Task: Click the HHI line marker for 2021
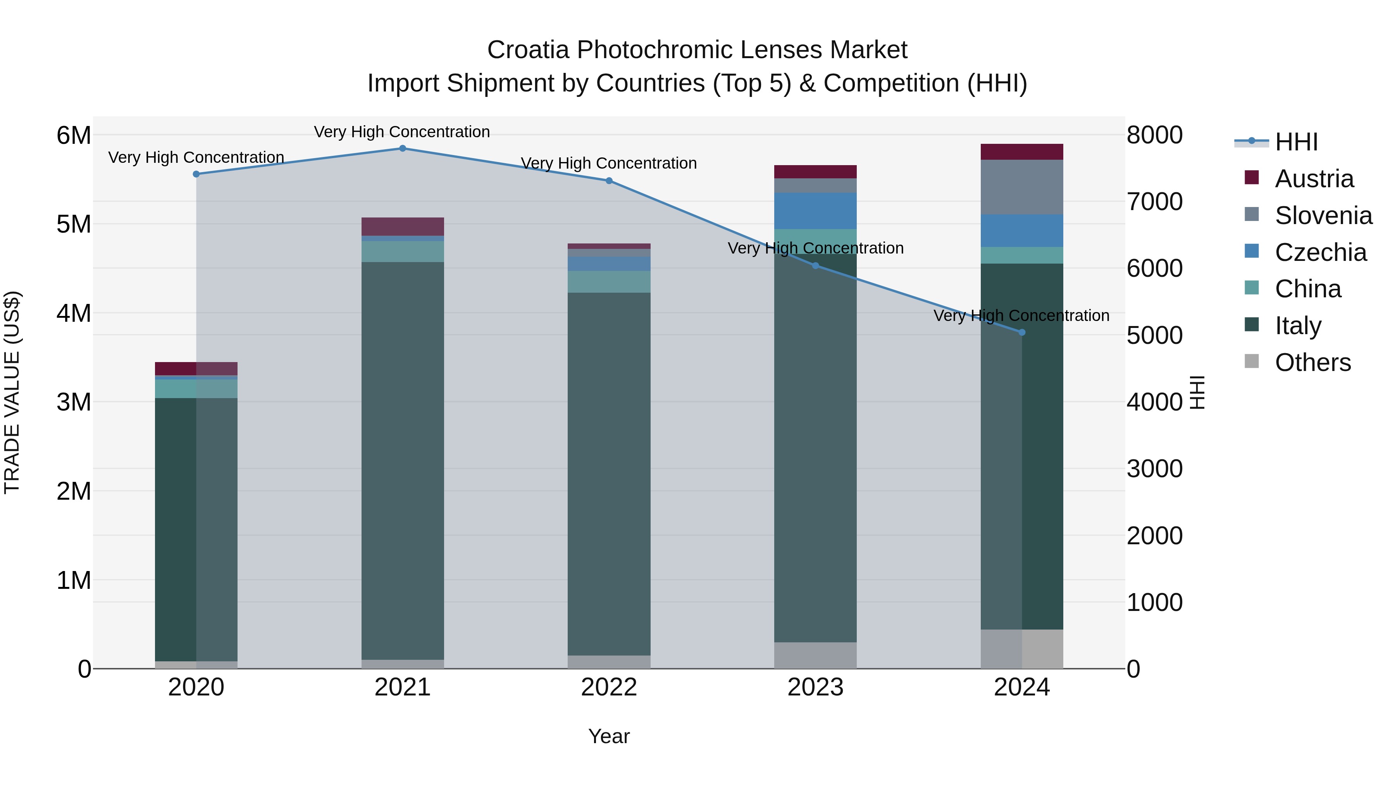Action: click(x=402, y=148)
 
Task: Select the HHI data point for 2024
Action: click(x=1022, y=333)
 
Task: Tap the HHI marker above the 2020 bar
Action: click(x=196, y=174)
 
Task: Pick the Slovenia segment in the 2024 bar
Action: click(x=1022, y=187)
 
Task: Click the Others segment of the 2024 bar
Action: click(x=1022, y=649)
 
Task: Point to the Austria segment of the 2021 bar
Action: click(x=402, y=226)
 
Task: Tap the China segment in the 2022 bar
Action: click(x=609, y=282)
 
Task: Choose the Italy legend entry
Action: click(x=1298, y=326)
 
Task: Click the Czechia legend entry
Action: click(x=1320, y=252)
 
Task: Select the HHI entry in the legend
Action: click(x=1296, y=142)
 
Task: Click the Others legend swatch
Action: click(x=1252, y=361)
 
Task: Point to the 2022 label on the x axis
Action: click(x=609, y=687)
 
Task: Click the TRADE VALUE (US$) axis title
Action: click(x=12, y=392)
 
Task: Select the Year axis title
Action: click(x=609, y=736)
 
